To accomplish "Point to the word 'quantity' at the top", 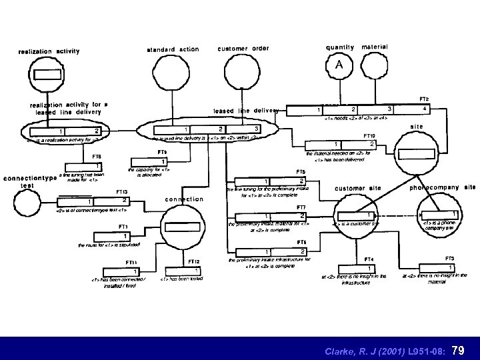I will (339, 47).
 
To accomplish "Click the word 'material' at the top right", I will (375, 47).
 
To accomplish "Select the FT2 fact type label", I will (423, 99).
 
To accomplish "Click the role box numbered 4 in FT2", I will (425, 109).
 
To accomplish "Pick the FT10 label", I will (369, 135).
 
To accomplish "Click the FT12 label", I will (193, 261).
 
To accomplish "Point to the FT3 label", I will (449, 258).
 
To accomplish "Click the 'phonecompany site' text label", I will (441, 188).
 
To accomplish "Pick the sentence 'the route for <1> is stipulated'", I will (111, 245).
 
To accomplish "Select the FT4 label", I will (368, 259).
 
